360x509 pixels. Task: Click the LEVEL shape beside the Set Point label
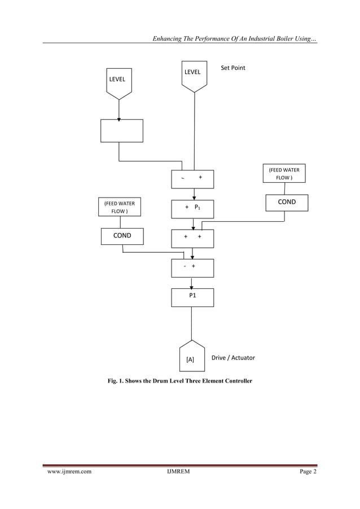coord(194,76)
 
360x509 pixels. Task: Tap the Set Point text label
coord(232,68)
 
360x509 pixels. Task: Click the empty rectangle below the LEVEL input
coord(121,130)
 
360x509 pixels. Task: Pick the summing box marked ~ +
coord(192,178)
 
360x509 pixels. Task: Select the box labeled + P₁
coord(192,209)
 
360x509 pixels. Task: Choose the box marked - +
coord(192,268)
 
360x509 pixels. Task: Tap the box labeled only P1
coord(192,297)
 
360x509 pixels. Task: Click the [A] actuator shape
coord(192,356)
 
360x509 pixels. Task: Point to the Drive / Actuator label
coord(232,358)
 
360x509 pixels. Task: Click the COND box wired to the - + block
coord(122,236)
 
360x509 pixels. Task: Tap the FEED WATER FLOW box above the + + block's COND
coord(284,173)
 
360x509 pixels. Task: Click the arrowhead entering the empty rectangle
coord(119,119)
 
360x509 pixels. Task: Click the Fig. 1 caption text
coord(179,381)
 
